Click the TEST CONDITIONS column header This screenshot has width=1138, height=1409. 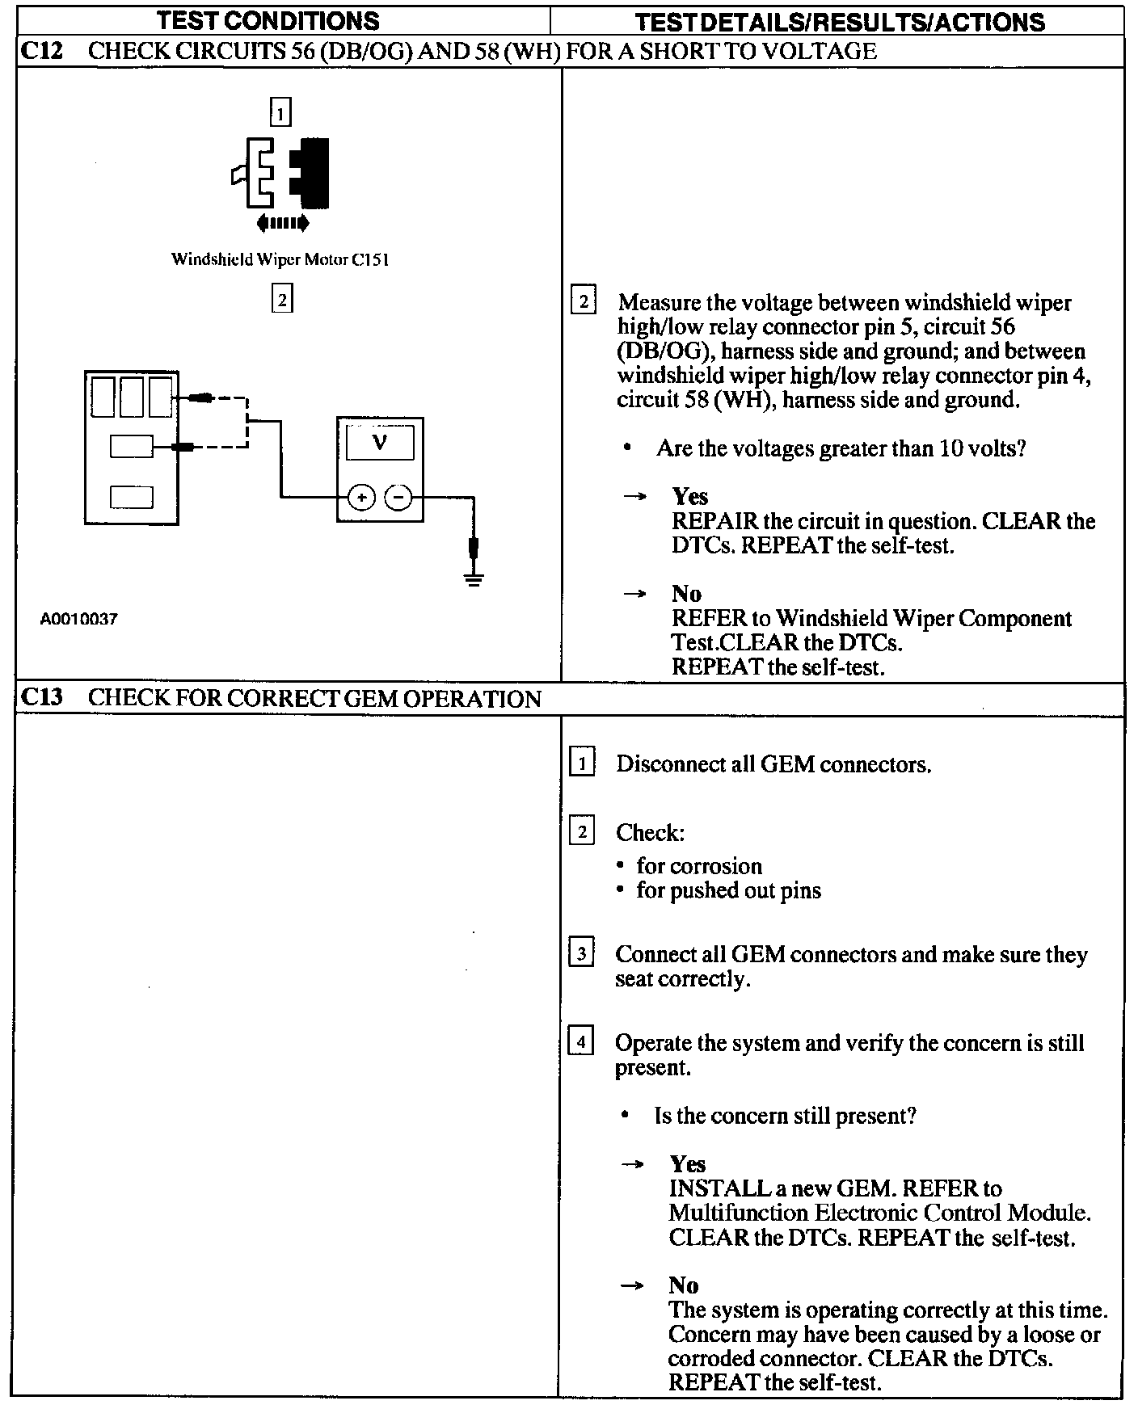point(268,20)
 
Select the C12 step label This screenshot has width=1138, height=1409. point(41,52)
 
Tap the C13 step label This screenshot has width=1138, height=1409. point(41,698)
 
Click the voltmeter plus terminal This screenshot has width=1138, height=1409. point(361,497)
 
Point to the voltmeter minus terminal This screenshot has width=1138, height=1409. point(398,497)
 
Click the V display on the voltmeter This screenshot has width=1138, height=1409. point(379,444)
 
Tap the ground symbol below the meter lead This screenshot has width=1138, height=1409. point(474,578)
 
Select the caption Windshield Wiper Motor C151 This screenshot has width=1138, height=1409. point(280,259)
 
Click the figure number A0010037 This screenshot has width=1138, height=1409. point(79,620)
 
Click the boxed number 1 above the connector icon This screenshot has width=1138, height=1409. point(280,112)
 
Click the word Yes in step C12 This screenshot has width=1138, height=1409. point(689,496)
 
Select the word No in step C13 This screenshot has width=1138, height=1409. point(683,1285)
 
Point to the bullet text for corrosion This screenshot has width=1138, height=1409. point(699,866)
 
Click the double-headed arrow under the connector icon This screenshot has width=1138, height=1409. point(281,222)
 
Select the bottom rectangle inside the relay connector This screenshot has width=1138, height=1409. point(132,496)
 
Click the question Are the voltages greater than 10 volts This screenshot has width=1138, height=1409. point(841,448)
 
